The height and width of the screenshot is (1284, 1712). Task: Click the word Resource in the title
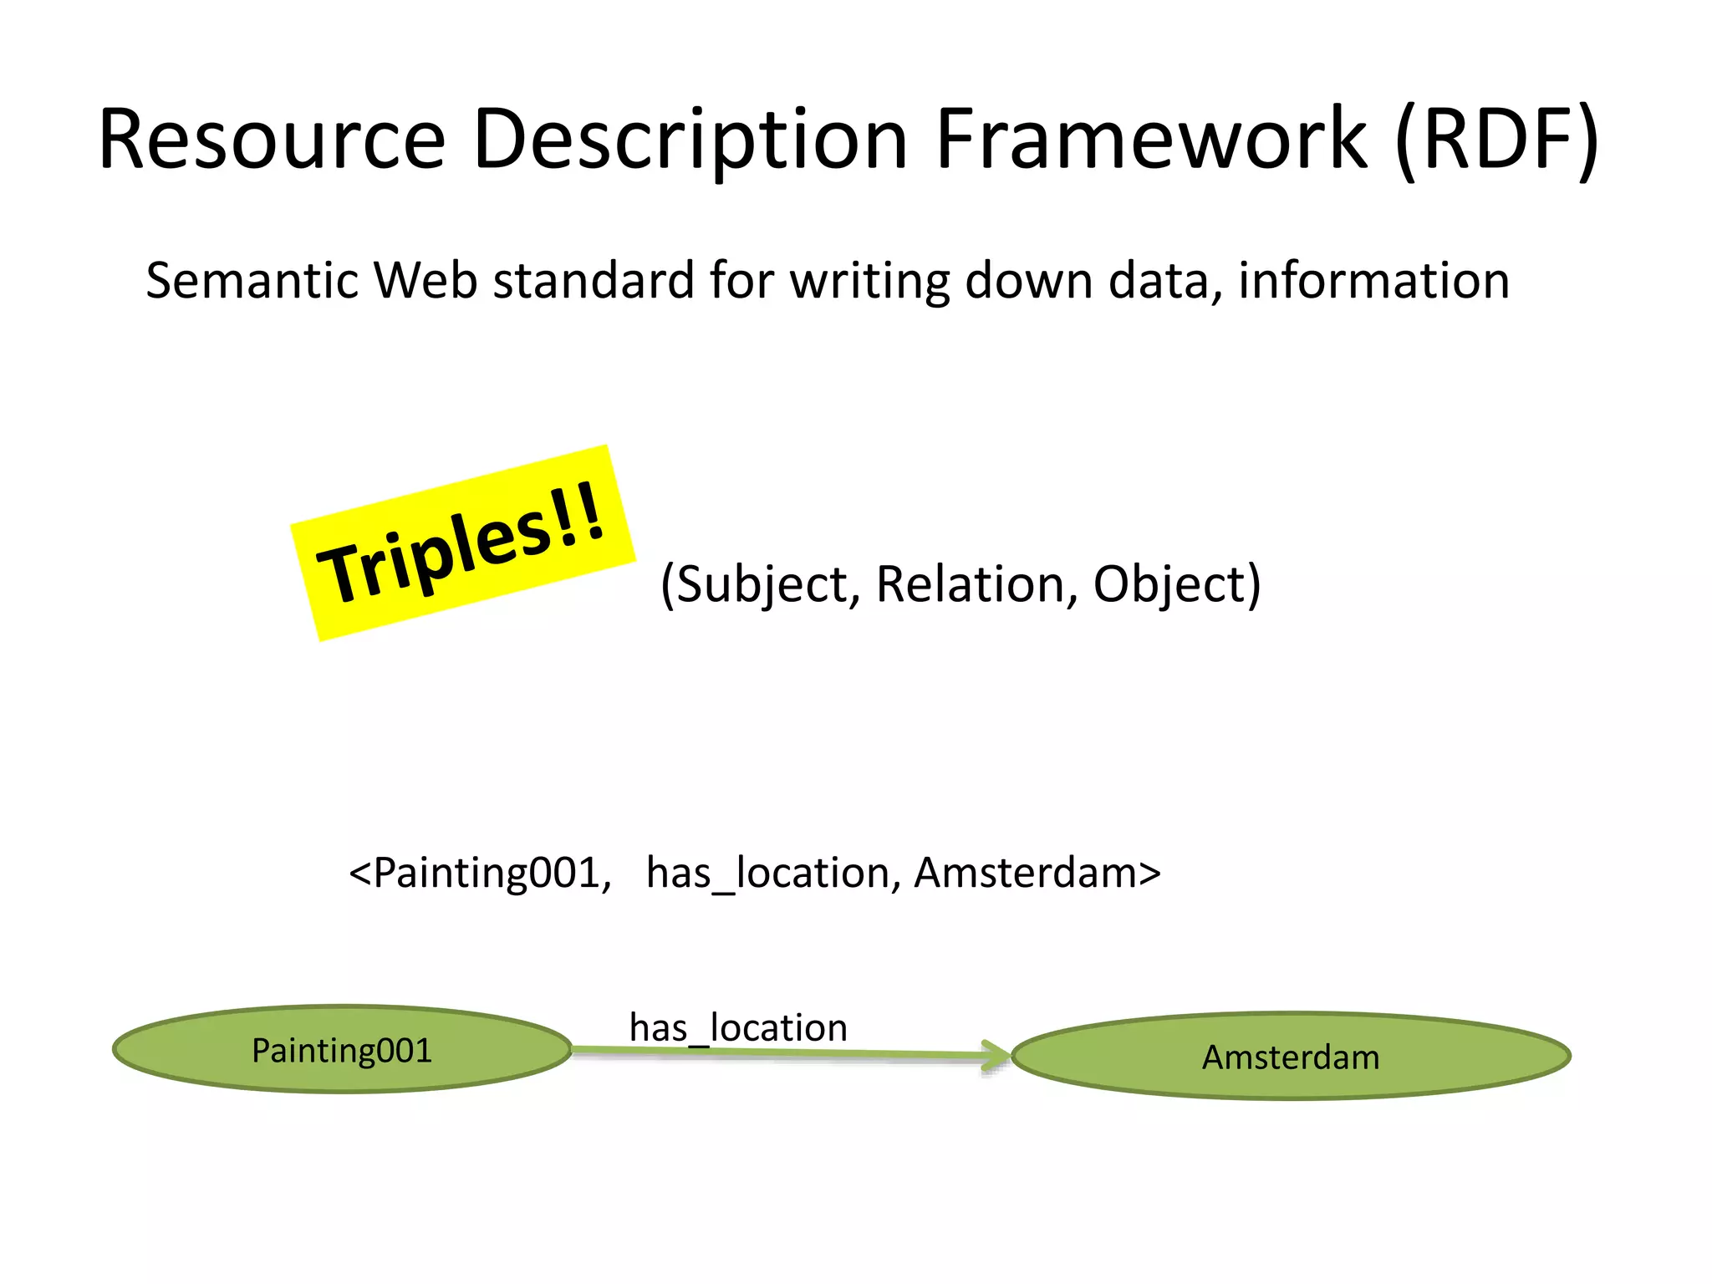272,140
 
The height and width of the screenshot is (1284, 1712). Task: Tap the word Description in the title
690,140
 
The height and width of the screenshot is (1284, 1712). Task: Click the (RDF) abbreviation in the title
1496,140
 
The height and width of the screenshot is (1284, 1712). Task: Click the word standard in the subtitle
594,280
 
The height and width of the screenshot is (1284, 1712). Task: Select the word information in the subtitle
1373,280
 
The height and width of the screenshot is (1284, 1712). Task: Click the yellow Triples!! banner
462,543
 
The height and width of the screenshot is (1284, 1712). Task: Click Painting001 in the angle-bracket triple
487,874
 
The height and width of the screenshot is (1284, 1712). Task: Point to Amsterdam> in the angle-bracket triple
1037,874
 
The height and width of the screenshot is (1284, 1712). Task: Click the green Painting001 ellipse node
342,1050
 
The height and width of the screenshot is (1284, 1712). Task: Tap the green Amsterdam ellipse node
1291,1057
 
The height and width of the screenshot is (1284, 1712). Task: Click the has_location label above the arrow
738,1027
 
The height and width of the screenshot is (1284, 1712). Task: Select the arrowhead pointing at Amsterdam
997,1056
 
